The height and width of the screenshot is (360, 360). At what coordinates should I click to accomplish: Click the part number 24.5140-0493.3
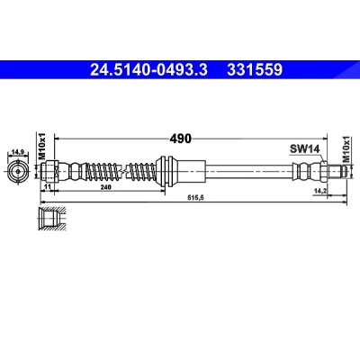point(148,70)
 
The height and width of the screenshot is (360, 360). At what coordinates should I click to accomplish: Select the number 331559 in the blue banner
point(255,70)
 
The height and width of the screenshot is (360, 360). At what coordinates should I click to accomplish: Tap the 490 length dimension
point(180,139)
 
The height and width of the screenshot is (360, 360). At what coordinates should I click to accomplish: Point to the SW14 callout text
point(305,148)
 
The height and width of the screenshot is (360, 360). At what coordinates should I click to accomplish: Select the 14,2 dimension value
point(319,190)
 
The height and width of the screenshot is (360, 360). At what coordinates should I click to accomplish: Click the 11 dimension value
point(47,187)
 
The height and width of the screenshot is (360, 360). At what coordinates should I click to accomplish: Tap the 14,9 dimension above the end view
point(18,152)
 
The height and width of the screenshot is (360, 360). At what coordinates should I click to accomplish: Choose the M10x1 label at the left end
point(41,146)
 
